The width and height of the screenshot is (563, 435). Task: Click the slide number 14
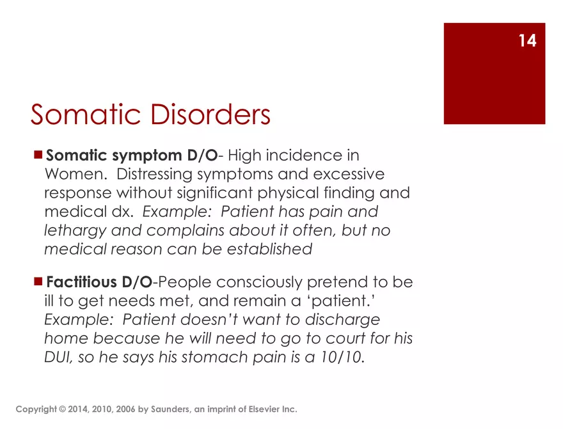pos(527,40)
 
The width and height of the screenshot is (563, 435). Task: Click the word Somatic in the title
pos(86,115)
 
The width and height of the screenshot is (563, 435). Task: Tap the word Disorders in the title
pos(210,115)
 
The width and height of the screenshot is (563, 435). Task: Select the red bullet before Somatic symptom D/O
pos(38,155)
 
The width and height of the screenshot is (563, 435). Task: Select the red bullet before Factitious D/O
pos(38,281)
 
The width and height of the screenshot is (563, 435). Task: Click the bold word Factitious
pos(81,281)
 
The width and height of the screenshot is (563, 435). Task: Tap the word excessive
pos(349,174)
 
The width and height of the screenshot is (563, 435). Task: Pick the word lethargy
pos(75,231)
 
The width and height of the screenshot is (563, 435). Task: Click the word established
pos(269,249)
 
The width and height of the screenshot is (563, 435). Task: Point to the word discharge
pos(342,320)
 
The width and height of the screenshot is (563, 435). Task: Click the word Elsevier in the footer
pos(262,409)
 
